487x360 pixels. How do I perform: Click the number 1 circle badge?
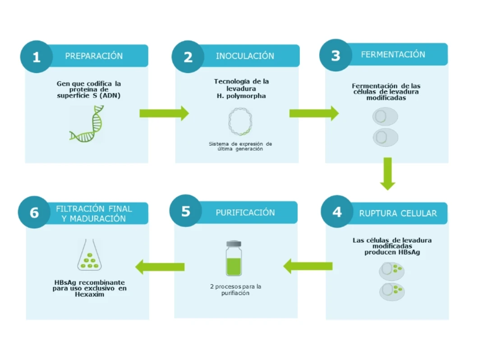(x=37, y=57)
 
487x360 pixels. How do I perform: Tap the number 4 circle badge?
(x=337, y=212)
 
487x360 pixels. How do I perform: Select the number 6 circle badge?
(x=34, y=212)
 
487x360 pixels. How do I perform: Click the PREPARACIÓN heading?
(x=94, y=56)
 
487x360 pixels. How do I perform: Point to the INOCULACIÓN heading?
(x=245, y=56)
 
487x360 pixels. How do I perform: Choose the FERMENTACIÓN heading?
(x=393, y=54)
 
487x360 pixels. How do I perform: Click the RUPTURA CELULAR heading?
(x=398, y=213)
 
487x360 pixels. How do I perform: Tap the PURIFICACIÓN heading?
(x=245, y=212)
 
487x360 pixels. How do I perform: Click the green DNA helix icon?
(x=86, y=124)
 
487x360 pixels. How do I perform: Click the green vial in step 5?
(x=234, y=258)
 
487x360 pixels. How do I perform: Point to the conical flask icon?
(x=89, y=255)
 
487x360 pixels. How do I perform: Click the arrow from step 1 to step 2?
(x=164, y=113)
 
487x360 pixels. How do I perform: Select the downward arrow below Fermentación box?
(x=388, y=174)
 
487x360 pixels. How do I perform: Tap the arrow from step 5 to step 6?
(x=160, y=267)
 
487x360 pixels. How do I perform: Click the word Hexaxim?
(x=89, y=294)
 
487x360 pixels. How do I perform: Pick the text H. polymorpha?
(x=241, y=96)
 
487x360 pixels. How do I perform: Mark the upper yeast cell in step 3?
(x=385, y=116)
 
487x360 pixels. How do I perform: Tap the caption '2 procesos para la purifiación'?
(x=235, y=290)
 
